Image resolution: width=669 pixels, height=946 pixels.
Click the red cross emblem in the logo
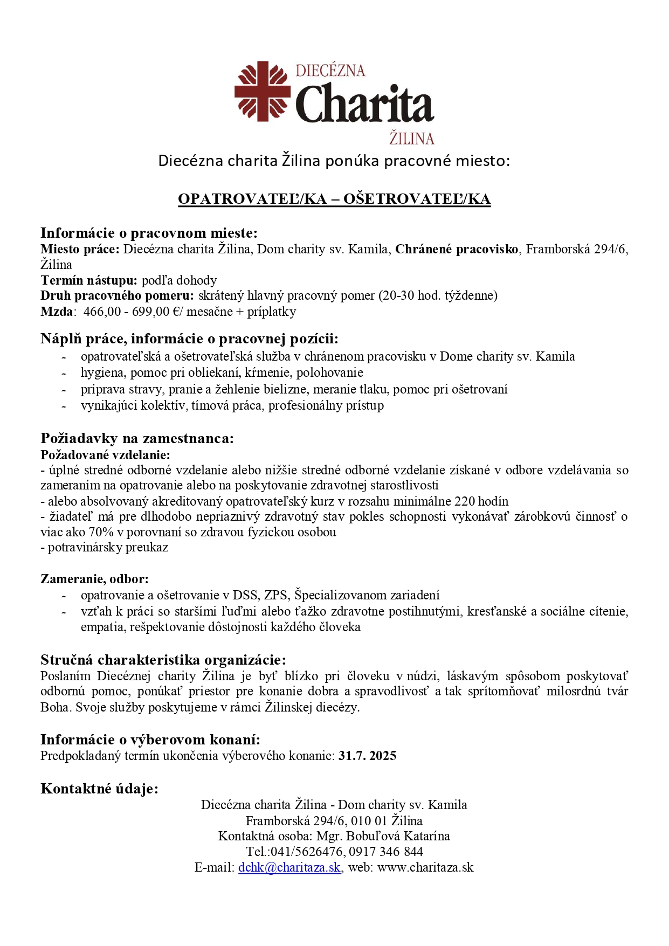click(x=263, y=91)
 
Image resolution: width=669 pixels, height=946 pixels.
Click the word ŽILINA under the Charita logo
click(x=412, y=139)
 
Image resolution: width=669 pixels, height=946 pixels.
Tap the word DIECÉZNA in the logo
click(x=330, y=71)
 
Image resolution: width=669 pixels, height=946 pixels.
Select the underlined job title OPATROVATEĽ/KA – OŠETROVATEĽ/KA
click(x=334, y=199)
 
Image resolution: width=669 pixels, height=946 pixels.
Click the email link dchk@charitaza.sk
click(x=289, y=867)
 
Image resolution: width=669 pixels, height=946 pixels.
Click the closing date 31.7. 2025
click(x=368, y=756)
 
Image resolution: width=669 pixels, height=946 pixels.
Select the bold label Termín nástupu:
click(x=89, y=280)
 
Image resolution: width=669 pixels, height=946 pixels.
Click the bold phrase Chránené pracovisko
click(x=457, y=249)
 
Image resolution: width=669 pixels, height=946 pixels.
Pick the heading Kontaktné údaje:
click(x=100, y=789)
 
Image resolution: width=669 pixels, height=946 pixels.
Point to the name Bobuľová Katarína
click(x=398, y=836)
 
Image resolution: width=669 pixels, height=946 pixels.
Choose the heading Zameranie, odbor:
click(x=94, y=579)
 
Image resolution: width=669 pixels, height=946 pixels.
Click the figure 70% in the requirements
click(x=100, y=532)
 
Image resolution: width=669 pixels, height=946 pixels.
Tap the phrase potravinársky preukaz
click(x=108, y=548)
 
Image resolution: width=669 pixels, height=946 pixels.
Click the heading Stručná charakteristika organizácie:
click(x=163, y=660)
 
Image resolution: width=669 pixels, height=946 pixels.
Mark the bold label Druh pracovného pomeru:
click(x=117, y=295)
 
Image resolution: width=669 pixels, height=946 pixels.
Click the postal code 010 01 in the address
click(x=369, y=821)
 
